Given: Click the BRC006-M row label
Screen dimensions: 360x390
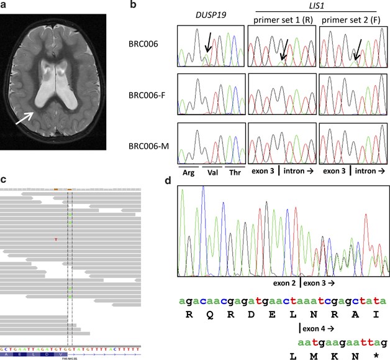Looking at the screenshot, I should pyautogui.click(x=148, y=149).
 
